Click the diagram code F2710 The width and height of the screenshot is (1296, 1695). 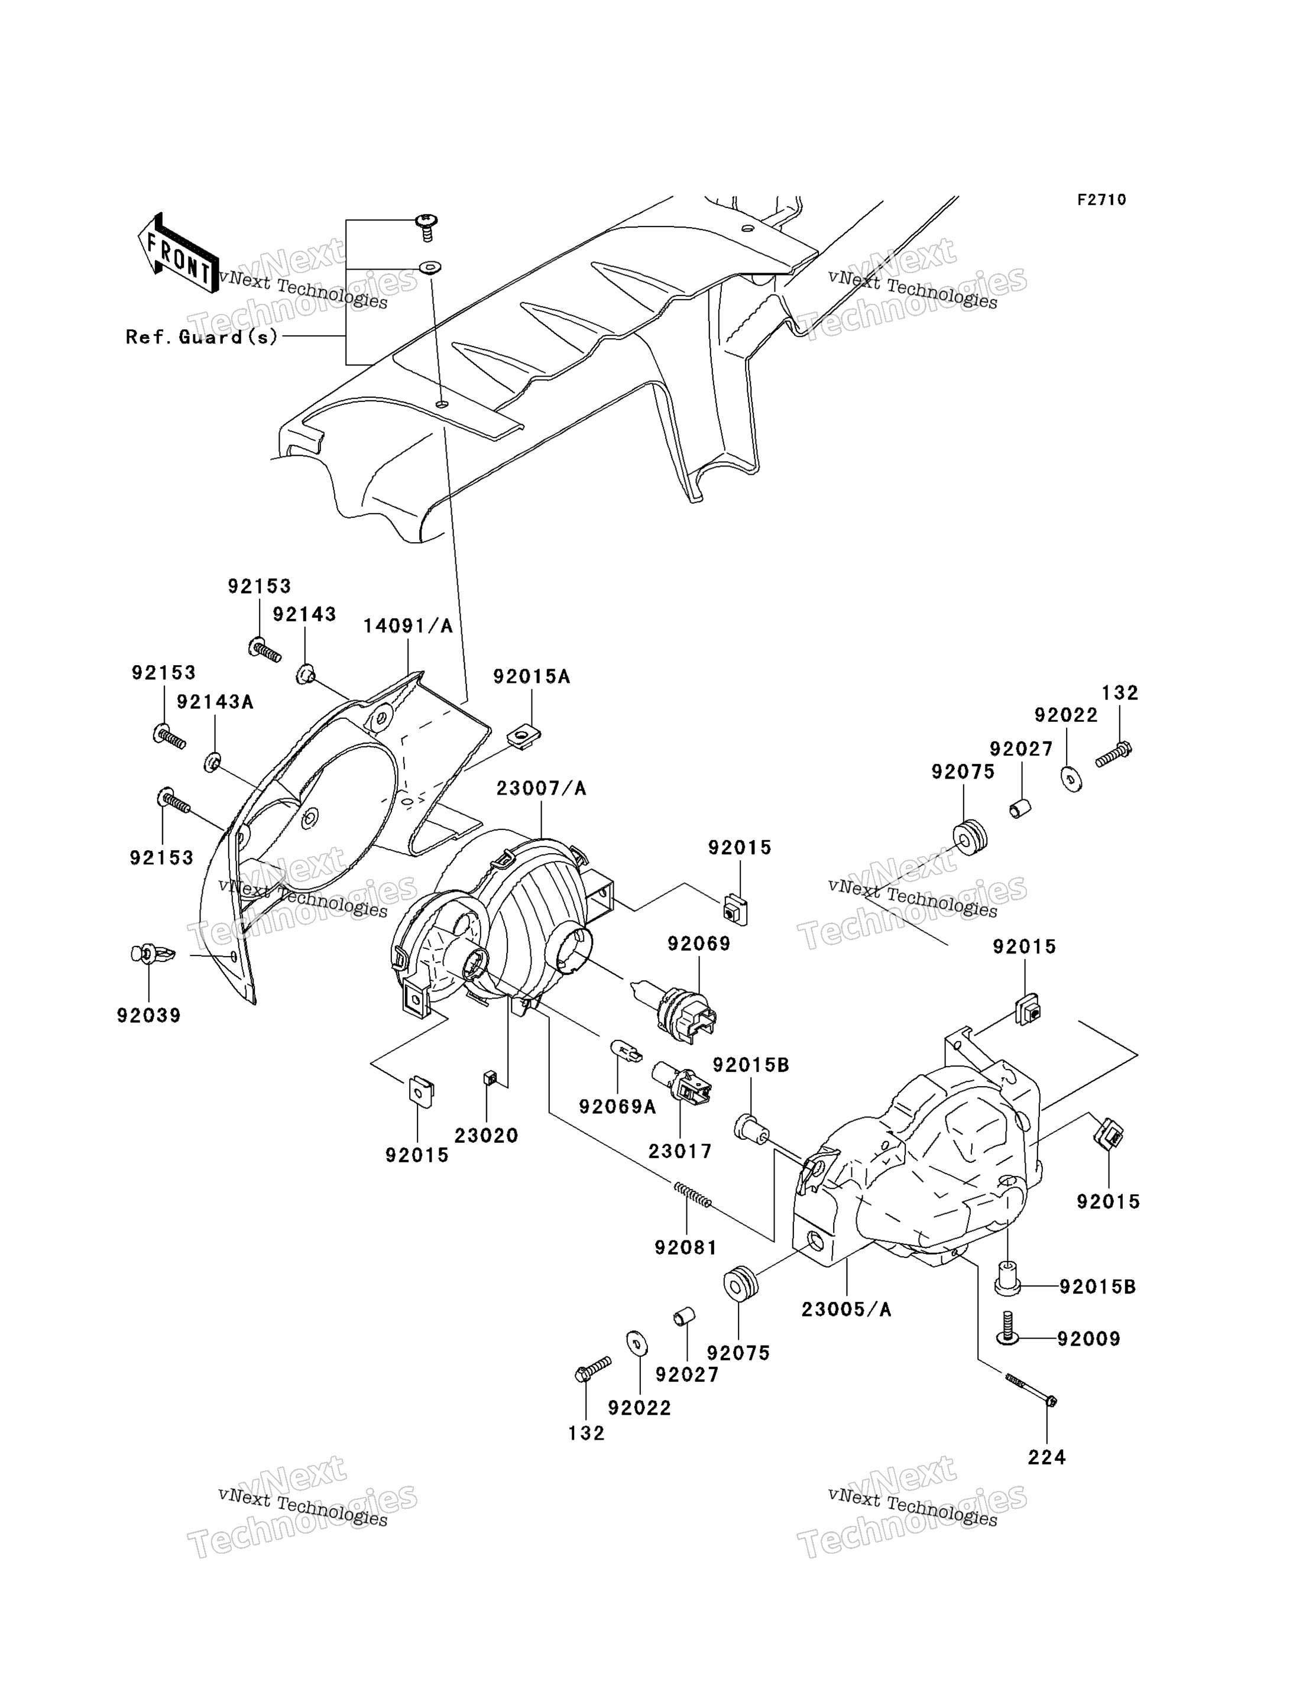[1101, 200]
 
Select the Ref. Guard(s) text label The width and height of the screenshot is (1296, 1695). [202, 336]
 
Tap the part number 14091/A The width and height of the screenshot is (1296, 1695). [408, 626]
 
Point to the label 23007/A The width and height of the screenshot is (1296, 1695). [541, 789]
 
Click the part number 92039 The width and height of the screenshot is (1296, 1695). [149, 1016]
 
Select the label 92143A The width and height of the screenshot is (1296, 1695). [215, 702]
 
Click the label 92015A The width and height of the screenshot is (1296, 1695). [532, 676]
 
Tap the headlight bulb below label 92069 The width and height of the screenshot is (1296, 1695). [674, 1003]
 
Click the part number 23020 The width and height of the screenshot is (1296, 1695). [486, 1136]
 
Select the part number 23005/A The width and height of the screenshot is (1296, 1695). [846, 1310]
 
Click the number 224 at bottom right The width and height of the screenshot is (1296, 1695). [1047, 1457]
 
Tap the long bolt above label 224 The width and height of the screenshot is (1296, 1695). [1031, 1389]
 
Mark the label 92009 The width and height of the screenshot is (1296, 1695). [1088, 1339]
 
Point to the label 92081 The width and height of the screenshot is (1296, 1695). [686, 1247]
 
